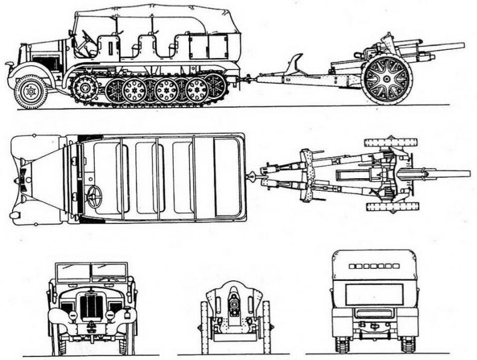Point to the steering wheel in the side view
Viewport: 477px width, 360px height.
[x=87, y=40]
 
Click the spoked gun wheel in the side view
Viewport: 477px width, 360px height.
[x=387, y=79]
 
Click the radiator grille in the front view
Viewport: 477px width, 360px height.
[x=92, y=306]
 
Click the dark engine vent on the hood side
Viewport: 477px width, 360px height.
[x=47, y=62]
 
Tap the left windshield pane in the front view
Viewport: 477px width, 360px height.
[x=72, y=272]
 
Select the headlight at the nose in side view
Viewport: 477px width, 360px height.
[x=10, y=65]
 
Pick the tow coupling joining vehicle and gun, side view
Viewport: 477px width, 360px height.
[x=246, y=78]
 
